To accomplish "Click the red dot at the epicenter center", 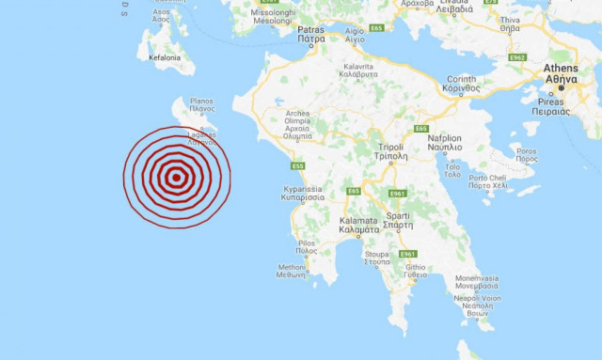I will tap(176, 177).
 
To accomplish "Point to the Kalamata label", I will tap(357, 225).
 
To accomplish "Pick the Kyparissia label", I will tap(304, 193).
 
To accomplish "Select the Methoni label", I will tap(292, 271).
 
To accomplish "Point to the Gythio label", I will tap(415, 271).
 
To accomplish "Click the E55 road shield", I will tap(297, 166).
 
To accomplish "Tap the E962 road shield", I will tap(516, 57).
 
